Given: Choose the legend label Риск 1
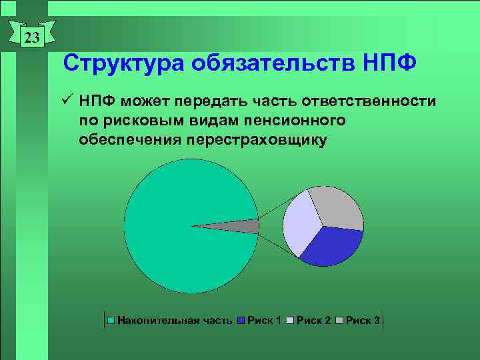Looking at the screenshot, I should pos(264,321).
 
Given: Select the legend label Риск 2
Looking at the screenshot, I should pos(313,321).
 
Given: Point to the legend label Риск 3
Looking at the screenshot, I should pos(363,321).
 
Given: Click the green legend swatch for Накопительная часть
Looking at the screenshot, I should pos(112,321).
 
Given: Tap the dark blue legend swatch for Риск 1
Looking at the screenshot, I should pos(242,321).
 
